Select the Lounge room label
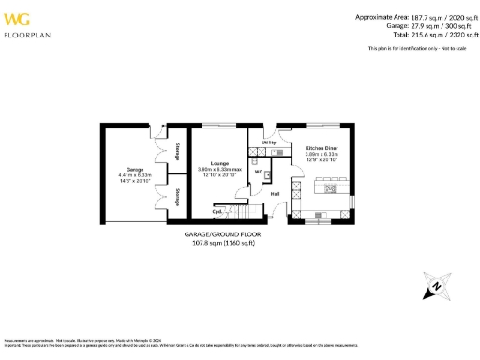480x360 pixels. tap(219, 162)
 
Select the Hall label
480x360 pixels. tap(275, 194)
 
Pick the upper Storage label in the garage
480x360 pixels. tap(177, 150)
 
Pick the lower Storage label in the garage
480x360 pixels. tap(177, 197)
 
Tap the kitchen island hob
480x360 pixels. tap(331, 187)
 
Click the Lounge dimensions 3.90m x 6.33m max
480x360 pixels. tap(220, 170)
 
